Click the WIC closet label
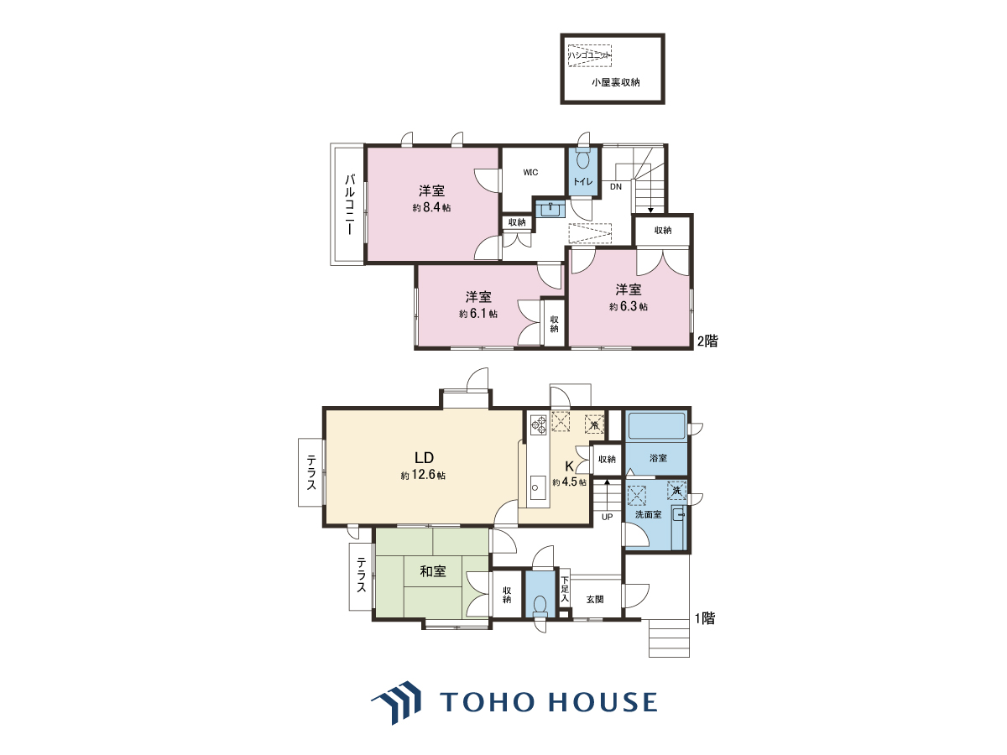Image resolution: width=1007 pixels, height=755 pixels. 530,172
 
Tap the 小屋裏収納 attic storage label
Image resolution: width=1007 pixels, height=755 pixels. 615,82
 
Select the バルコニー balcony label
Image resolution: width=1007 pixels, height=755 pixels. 350,205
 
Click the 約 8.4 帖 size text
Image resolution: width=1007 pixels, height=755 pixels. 431,208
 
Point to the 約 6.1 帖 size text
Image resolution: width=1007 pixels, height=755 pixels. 478,314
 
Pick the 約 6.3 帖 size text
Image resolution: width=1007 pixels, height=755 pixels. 628,307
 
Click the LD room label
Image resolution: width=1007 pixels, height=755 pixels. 424,457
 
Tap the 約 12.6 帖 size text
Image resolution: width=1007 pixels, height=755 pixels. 423,475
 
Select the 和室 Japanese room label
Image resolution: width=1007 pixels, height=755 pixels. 433,571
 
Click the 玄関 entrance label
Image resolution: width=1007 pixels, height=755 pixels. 595,599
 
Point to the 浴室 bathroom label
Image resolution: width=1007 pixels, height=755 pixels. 658,458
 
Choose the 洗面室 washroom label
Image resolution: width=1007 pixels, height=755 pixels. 648,515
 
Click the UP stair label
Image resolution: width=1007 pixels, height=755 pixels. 607,517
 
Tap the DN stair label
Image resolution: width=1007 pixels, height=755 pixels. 616,186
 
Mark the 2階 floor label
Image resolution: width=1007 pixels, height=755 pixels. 707,341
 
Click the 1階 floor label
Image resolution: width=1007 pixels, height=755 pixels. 705,618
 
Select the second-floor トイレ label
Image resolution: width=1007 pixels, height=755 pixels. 582,181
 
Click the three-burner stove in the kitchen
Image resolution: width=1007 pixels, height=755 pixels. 539,424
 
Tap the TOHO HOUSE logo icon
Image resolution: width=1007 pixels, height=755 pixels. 396,702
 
